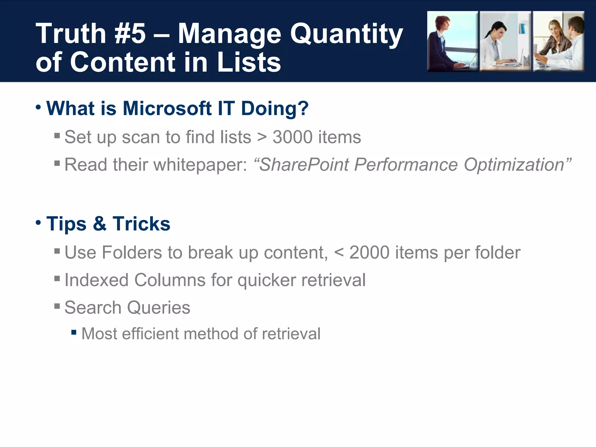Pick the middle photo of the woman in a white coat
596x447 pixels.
[x=505, y=41]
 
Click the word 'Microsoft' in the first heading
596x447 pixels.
[x=167, y=108]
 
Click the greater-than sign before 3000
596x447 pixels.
[x=262, y=137]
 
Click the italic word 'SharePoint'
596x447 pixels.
[x=304, y=165]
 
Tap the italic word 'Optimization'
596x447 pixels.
[x=514, y=165]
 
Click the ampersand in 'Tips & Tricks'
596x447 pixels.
[x=100, y=224]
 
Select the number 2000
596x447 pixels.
[x=369, y=252]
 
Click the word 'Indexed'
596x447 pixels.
[x=96, y=280]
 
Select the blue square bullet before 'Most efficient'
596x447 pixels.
[x=74, y=332]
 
